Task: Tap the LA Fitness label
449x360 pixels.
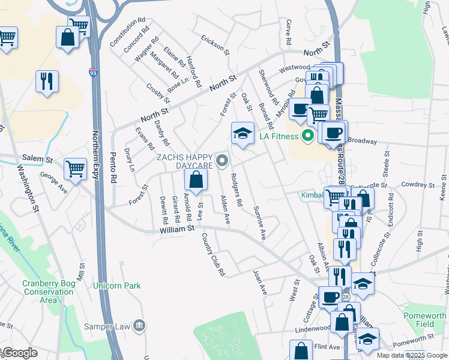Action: pos(279,136)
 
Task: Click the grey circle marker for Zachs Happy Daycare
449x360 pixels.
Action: pos(223,160)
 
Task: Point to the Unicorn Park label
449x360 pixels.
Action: pos(116,286)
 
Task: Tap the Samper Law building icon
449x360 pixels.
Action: pos(139,325)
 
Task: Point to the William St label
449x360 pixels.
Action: pos(178,229)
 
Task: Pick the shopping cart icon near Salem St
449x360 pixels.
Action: pos(75,169)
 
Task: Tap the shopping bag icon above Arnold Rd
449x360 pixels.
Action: pos(196,179)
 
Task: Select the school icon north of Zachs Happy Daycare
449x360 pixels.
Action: pos(243,133)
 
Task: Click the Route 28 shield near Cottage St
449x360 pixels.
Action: pos(346,298)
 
